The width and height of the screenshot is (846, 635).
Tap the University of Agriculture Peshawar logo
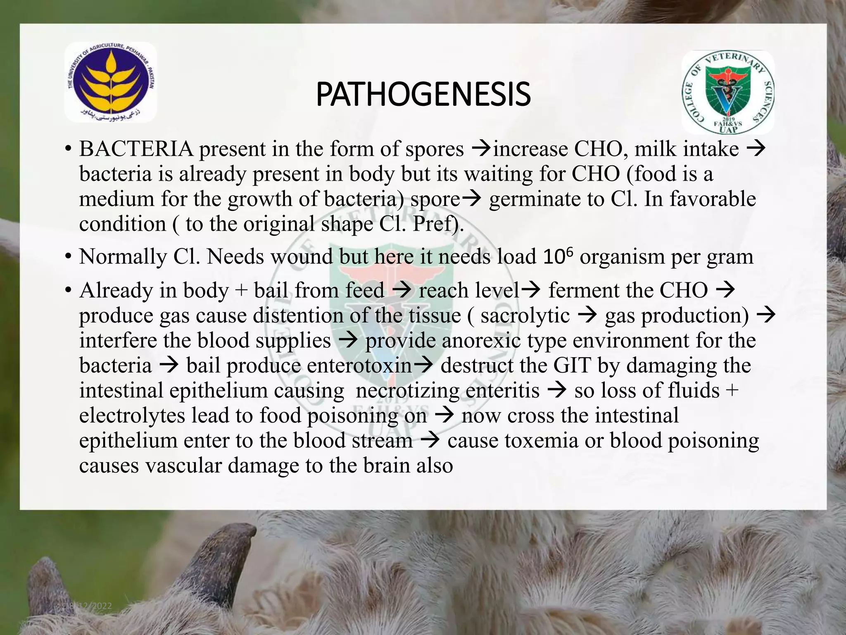[x=111, y=83]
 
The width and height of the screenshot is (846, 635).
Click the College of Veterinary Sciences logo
[x=728, y=92]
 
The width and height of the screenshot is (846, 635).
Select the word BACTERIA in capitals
[x=136, y=149]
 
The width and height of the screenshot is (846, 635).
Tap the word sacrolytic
[x=525, y=315]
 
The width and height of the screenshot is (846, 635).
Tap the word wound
[x=302, y=257]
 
